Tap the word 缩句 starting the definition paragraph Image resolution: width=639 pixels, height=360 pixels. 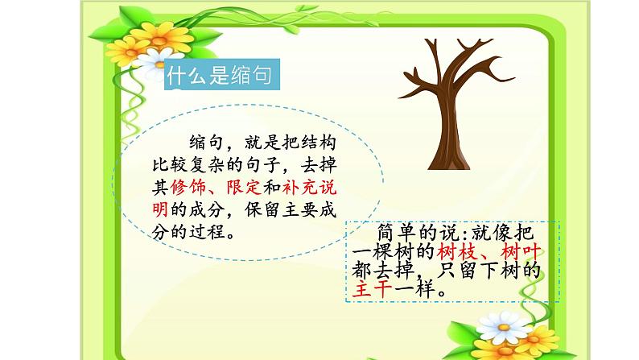pos(206,143)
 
